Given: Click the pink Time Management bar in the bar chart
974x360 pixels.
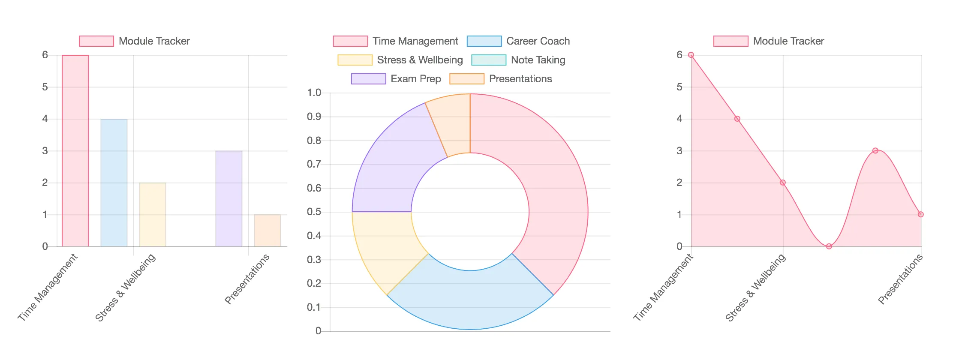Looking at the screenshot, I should [x=75, y=151].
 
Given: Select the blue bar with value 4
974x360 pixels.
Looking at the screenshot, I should [x=114, y=183].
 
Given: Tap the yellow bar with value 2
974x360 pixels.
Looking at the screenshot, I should [x=153, y=215].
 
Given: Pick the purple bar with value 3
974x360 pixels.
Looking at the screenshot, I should [x=229, y=199].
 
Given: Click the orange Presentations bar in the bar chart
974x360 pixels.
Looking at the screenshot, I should [x=268, y=231].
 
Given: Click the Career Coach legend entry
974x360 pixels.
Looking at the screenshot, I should [x=518, y=41].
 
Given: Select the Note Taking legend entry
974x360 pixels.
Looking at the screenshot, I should [x=518, y=60].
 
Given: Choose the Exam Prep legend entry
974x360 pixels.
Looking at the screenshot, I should [x=396, y=79].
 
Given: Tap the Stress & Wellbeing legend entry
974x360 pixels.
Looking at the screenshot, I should [x=400, y=60].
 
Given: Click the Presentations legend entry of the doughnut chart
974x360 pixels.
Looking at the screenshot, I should [x=501, y=79].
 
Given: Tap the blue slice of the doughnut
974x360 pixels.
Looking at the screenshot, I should [x=470, y=300].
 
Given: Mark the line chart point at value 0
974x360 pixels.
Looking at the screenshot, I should [x=829, y=246].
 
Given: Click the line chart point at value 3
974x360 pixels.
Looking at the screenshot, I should [x=875, y=151].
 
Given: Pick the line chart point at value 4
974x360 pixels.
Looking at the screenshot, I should [x=737, y=119].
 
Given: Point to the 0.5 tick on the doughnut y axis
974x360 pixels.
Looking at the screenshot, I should [x=314, y=212].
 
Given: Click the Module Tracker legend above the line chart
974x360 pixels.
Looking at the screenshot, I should [x=769, y=41].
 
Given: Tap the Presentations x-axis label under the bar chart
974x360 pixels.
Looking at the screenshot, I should [x=247, y=279].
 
